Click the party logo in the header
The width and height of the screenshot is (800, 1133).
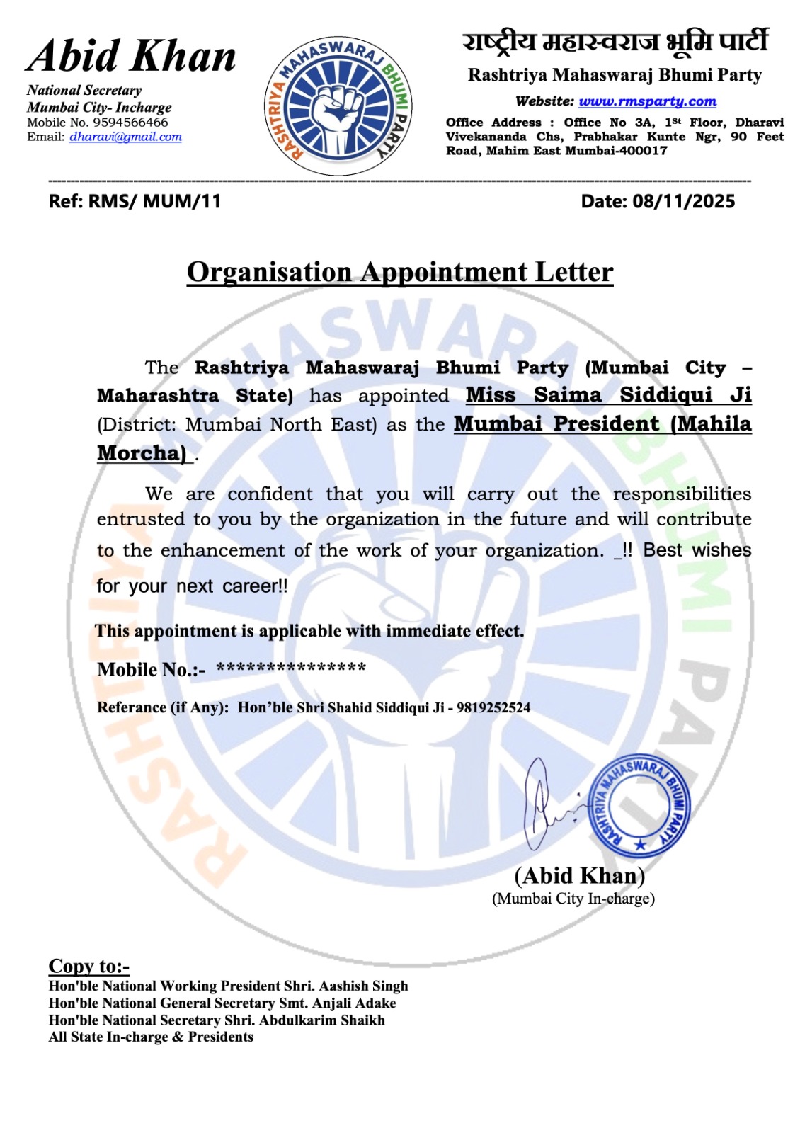pos(338,107)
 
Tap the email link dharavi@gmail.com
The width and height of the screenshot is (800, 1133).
pos(125,137)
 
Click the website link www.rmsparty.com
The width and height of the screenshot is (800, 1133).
pos(647,101)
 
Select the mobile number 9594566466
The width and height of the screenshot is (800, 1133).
pos(130,123)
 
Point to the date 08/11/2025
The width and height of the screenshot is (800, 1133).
pos(683,202)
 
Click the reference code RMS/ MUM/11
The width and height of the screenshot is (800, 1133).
pos(154,202)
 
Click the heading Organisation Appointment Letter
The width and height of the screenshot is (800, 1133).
pos(400,272)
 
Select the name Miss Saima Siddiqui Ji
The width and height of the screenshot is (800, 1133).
pos(608,395)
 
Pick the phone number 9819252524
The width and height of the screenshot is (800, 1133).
pos(493,707)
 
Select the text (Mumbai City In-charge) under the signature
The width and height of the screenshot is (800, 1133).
pos(573,899)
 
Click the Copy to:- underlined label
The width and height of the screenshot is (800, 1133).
pos(88,966)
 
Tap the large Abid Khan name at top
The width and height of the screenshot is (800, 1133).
pos(132,57)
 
